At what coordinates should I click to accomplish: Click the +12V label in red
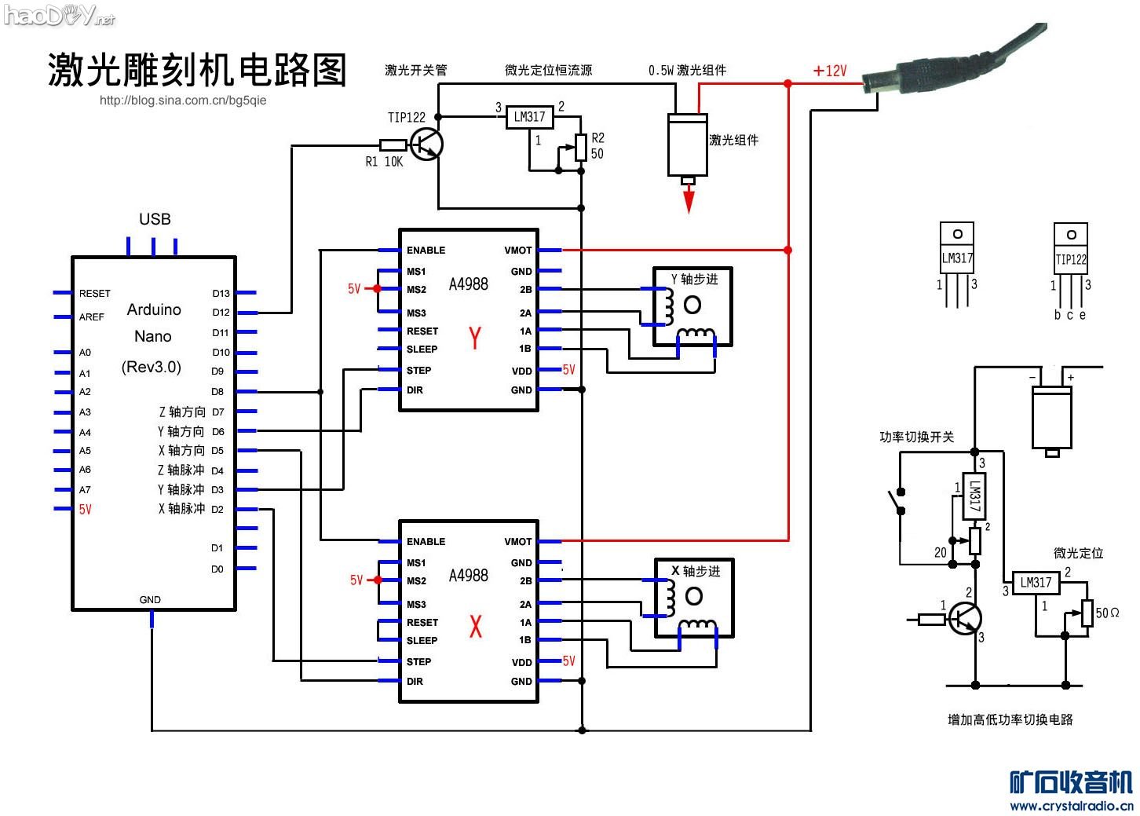point(830,71)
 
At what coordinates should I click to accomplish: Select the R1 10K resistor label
point(384,162)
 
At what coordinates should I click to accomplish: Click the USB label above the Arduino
point(155,219)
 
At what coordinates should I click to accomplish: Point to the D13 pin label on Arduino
point(221,294)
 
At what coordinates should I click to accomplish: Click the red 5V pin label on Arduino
point(85,509)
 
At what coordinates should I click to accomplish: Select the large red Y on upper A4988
point(475,338)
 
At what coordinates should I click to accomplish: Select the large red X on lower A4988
point(475,627)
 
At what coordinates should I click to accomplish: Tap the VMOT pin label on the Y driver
point(517,251)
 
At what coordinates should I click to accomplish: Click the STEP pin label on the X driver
point(418,661)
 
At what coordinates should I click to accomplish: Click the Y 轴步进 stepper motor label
point(694,280)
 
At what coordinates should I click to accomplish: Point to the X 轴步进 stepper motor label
point(695,571)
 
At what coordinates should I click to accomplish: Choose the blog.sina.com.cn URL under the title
point(183,101)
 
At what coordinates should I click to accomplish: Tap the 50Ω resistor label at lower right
point(1107,613)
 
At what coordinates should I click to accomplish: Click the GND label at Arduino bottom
point(150,599)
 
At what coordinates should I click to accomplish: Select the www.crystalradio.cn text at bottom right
point(1071,806)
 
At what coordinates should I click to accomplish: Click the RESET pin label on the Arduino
point(94,294)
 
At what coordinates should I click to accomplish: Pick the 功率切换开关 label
point(916,437)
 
